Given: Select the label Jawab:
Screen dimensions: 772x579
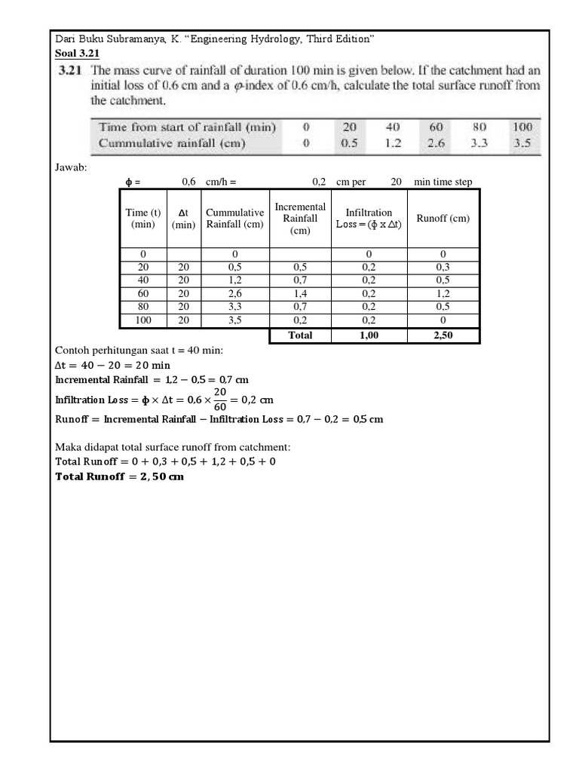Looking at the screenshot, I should click(x=72, y=167).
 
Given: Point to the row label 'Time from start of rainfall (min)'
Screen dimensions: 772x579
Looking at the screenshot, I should click(x=187, y=127).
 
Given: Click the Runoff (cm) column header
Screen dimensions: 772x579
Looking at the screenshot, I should click(x=443, y=219).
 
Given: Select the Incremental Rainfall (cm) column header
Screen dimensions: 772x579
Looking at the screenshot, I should click(x=300, y=219).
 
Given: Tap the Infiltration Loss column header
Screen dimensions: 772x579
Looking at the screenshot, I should click(x=369, y=219).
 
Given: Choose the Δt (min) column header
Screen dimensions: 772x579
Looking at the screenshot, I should click(x=183, y=219).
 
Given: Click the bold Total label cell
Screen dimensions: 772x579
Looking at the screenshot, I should click(x=300, y=335).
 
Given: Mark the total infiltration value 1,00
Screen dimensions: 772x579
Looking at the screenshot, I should click(x=369, y=335).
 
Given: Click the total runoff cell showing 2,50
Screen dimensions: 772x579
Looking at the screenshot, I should click(x=443, y=335).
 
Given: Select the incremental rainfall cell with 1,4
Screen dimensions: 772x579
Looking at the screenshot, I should click(x=300, y=294).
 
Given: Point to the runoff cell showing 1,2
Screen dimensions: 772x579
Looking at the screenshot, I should click(x=443, y=294).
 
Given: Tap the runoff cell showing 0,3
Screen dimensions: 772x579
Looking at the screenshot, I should click(x=443, y=267).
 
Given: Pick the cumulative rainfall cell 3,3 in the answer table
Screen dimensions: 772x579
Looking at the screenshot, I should click(x=234, y=307).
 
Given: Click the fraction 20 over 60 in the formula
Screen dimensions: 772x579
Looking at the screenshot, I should click(x=220, y=399).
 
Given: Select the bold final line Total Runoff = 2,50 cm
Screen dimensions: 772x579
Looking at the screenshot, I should click(x=120, y=476).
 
